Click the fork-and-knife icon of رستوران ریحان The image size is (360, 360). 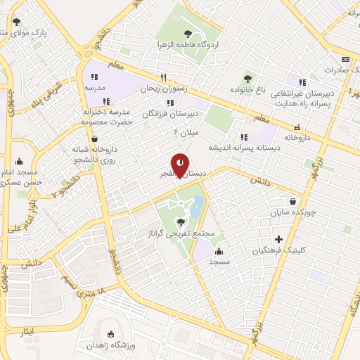click(x=163, y=77)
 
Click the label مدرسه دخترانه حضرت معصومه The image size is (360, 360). click(x=106, y=117)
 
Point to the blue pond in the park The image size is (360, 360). click(x=198, y=205)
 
